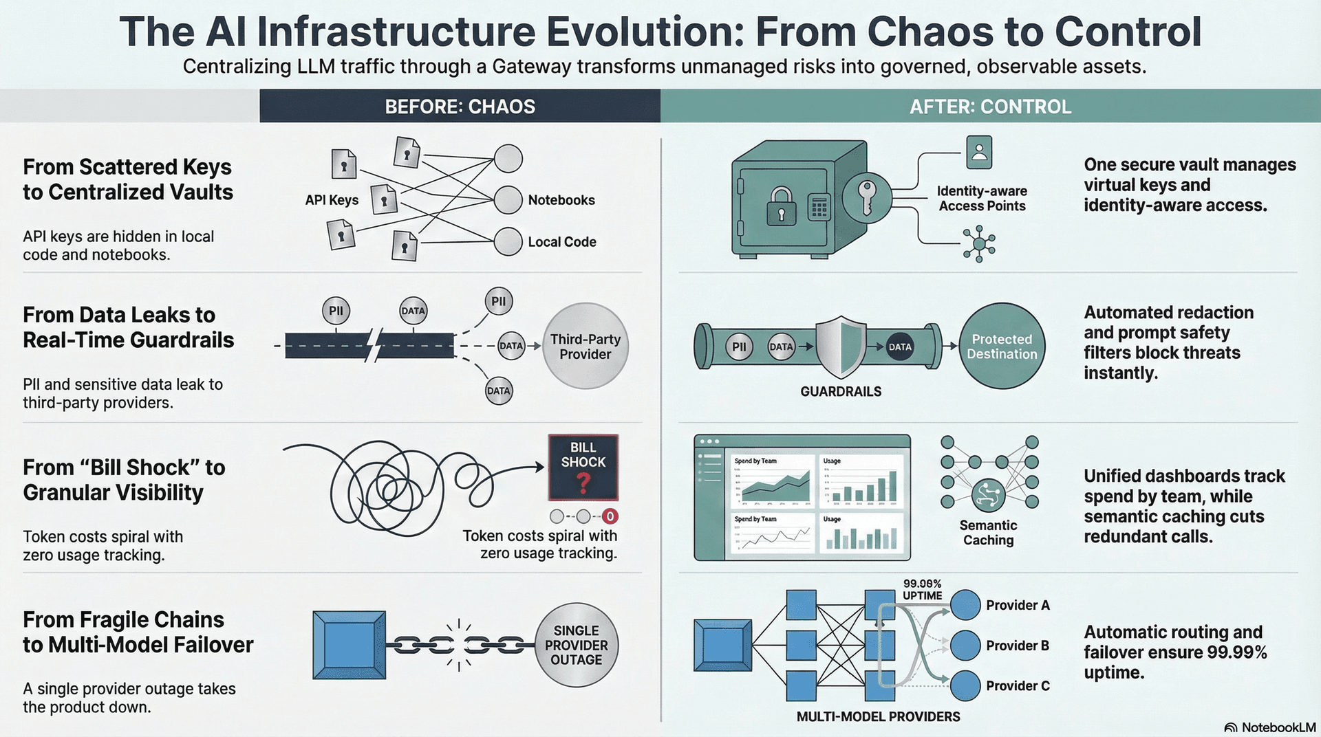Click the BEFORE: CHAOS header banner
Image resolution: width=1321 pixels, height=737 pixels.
point(460,107)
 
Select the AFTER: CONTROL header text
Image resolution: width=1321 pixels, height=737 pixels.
point(990,107)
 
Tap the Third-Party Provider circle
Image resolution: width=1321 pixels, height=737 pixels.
point(586,346)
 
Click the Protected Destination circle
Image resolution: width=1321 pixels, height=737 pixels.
point(1002,346)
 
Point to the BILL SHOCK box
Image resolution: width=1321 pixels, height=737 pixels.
point(583,467)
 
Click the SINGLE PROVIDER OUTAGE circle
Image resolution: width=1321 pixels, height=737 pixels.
point(577,645)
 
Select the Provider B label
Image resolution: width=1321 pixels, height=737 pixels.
point(1017,646)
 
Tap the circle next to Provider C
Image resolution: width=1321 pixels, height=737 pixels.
point(965,685)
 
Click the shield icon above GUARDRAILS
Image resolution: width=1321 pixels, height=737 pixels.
point(840,346)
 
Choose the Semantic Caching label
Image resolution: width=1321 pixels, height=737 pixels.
point(988,533)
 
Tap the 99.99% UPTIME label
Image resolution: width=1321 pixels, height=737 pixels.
point(922,590)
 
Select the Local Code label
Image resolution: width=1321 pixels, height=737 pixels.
point(561,242)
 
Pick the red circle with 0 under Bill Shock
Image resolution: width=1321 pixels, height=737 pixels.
point(610,516)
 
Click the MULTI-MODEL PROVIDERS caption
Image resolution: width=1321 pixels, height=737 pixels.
point(878,716)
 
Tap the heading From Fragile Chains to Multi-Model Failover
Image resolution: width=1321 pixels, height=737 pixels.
point(138,632)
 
